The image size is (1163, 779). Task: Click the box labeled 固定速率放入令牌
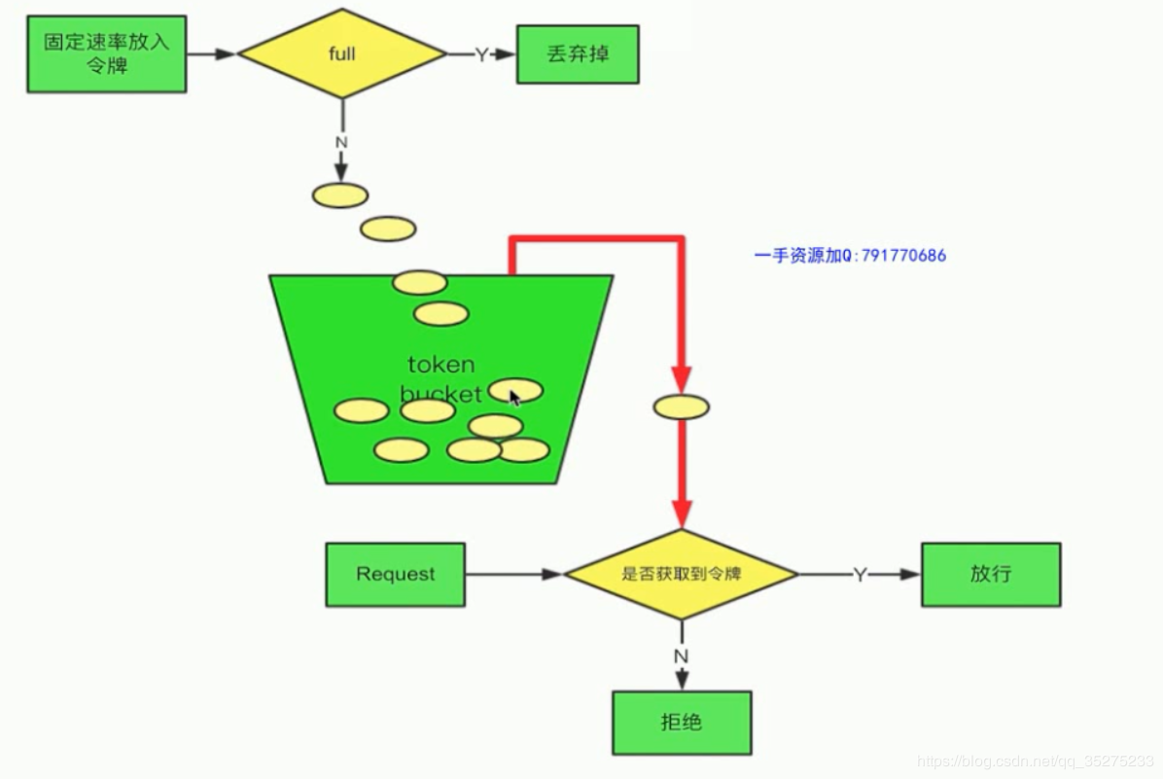tap(106, 54)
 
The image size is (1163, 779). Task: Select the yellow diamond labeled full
tap(342, 54)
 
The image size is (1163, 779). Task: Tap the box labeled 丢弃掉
tap(578, 54)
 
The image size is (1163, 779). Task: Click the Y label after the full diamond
tap(481, 55)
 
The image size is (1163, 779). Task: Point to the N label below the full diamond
tap(341, 142)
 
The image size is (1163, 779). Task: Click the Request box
tap(395, 574)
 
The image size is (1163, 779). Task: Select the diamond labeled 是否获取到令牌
tap(681, 574)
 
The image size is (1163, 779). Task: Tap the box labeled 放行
tap(990, 574)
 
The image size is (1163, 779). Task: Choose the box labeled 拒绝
tap(681, 722)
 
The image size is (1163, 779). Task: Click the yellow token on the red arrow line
tap(681, 407)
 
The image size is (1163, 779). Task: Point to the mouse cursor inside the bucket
tap(514, 396)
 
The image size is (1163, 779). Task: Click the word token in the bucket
tap(441, 365)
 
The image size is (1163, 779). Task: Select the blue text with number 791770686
tap(850, 256)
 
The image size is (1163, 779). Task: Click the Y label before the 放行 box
tap(860, 575)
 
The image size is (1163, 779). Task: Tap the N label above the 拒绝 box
tap(681, 656)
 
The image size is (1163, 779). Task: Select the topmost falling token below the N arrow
tap(340, 195)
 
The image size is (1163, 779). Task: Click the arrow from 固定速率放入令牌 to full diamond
tap(212, 54)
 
